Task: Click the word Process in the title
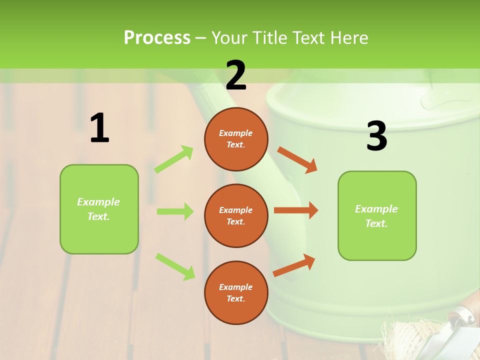coord(157,38)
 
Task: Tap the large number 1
coord(99,128)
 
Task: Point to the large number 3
coord(376,136)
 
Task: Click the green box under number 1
coord(99,209)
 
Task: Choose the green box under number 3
coord(377,215)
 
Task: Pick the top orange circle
coord(236,139)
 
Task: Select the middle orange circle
coord(236,215)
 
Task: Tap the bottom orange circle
coord(236,292)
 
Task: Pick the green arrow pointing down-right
coord(175,266)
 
